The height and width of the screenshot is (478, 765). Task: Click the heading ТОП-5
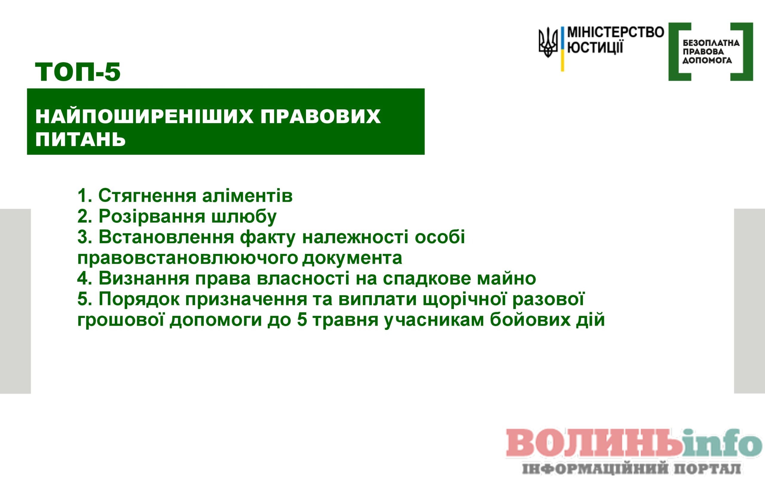pos(78,72)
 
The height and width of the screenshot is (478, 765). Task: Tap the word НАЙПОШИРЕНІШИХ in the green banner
pos(144,116)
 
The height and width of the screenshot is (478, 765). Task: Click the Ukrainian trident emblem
pos(548,42)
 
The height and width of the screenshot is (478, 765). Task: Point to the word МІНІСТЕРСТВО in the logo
pos(616,32)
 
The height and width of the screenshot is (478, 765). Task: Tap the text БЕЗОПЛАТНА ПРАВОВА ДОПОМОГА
pos(711,51)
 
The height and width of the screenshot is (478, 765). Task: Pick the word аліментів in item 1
pos(247,196)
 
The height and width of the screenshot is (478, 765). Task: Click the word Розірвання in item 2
pos(152,217)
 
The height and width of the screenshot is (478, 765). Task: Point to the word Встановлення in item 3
pos(166,237)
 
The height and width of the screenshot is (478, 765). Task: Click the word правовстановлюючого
pos(188,258)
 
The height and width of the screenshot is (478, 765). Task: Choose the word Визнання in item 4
pos(144,278)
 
